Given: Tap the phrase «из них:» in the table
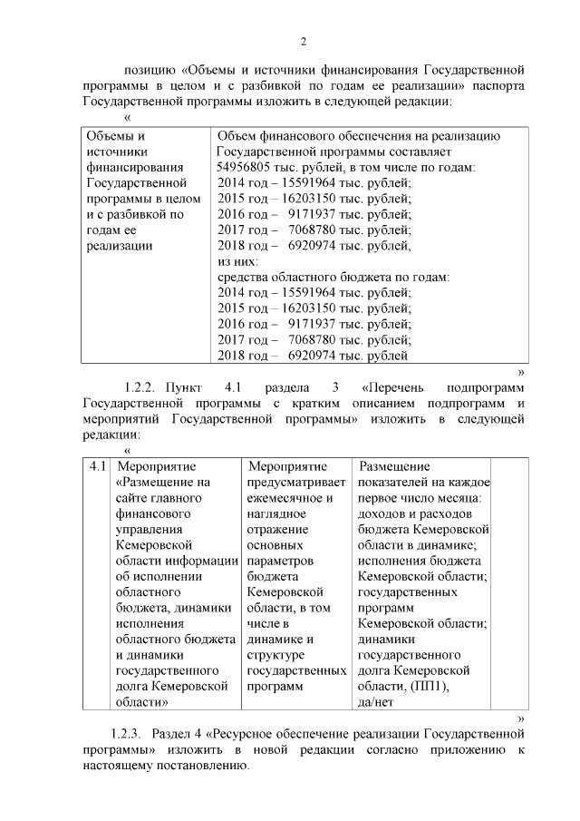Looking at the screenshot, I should point(237,260).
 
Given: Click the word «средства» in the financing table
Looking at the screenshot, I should point(246,276).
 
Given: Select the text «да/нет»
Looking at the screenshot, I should point(378,702).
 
